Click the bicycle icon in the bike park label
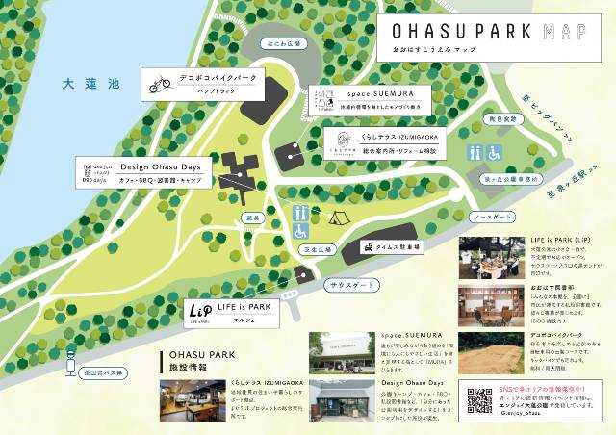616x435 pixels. pos(159,85)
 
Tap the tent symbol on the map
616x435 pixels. pos(337,217)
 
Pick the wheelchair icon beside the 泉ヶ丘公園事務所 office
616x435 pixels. pos(494,153)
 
